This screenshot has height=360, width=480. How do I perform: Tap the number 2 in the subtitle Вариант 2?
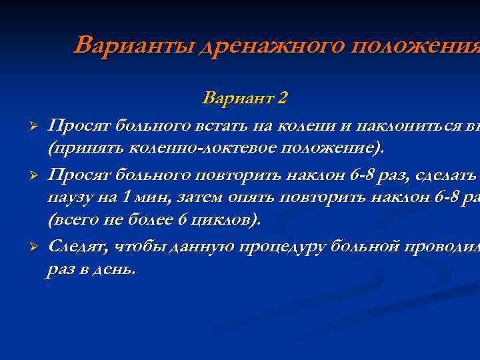[283, 98]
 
